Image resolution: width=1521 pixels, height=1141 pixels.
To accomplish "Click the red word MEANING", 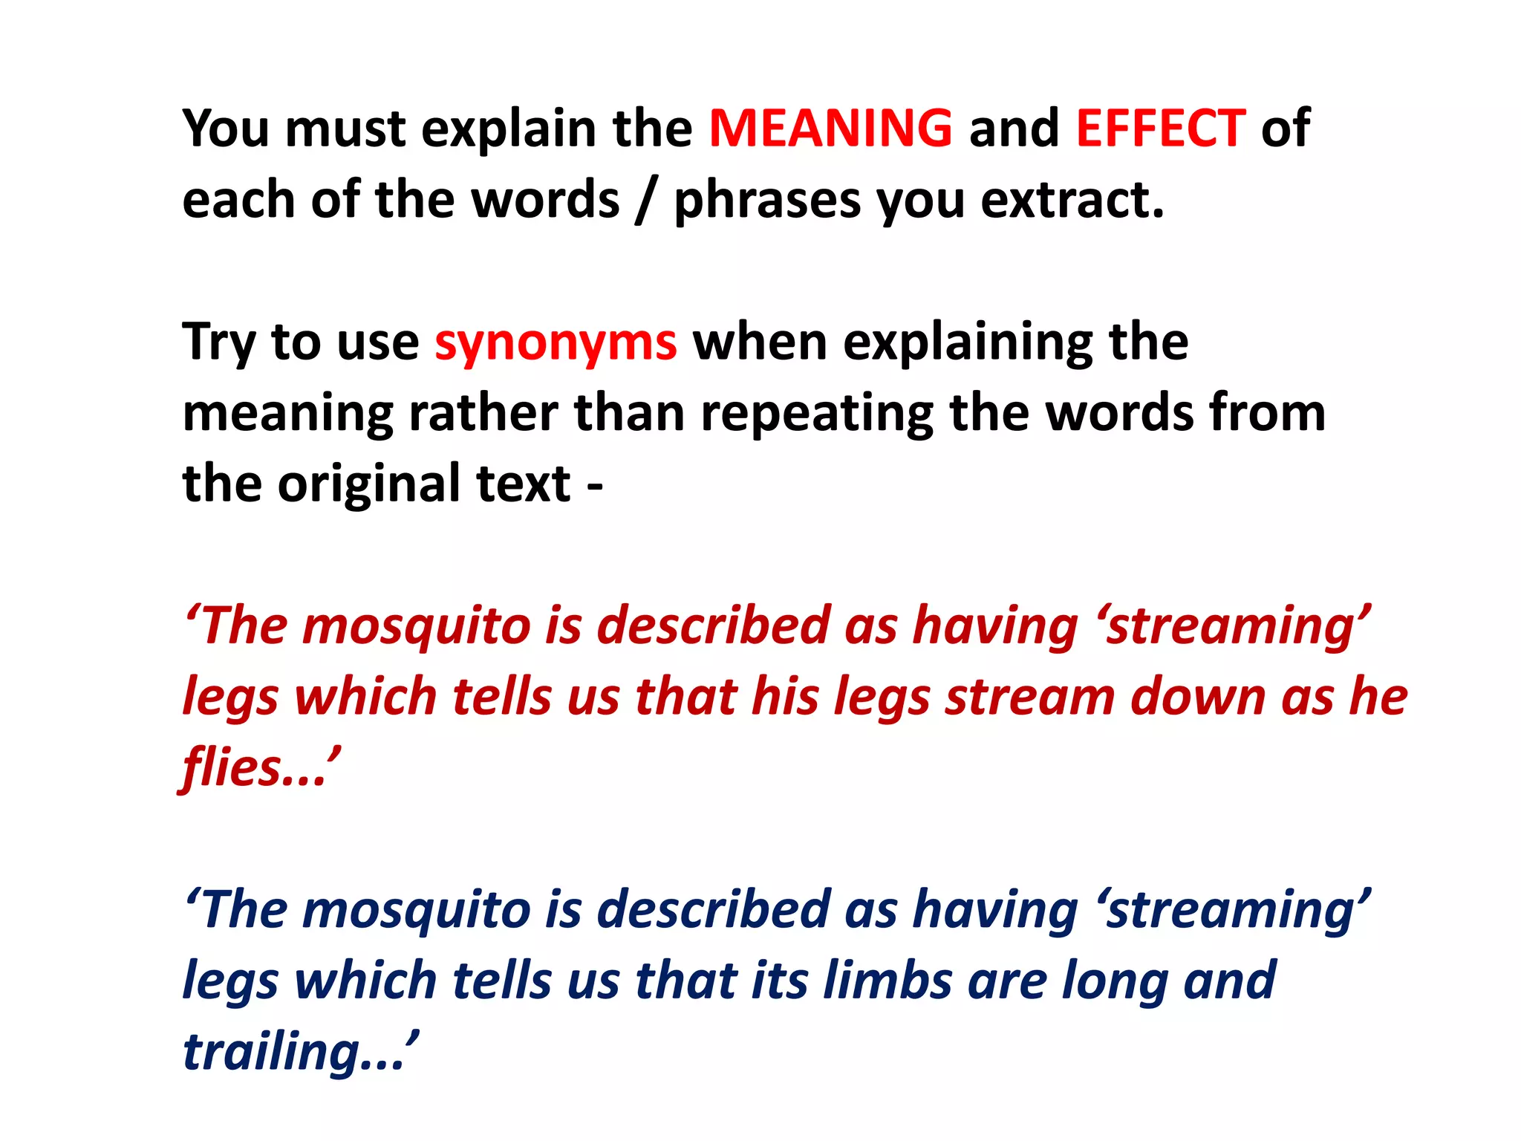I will point(830,128).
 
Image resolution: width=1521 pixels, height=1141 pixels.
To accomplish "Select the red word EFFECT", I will point(1160,128).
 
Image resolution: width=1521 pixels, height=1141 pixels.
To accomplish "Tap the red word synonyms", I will point(556,343).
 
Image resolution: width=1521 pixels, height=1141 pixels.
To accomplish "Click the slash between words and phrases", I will point(645,201).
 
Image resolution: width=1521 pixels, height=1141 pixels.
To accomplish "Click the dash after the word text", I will point(594,487).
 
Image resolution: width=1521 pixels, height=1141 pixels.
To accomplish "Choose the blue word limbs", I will point(887,981).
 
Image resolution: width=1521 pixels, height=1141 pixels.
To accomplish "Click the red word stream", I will point(1029,697).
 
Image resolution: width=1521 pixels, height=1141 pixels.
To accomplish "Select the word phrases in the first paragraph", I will point(766,201).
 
